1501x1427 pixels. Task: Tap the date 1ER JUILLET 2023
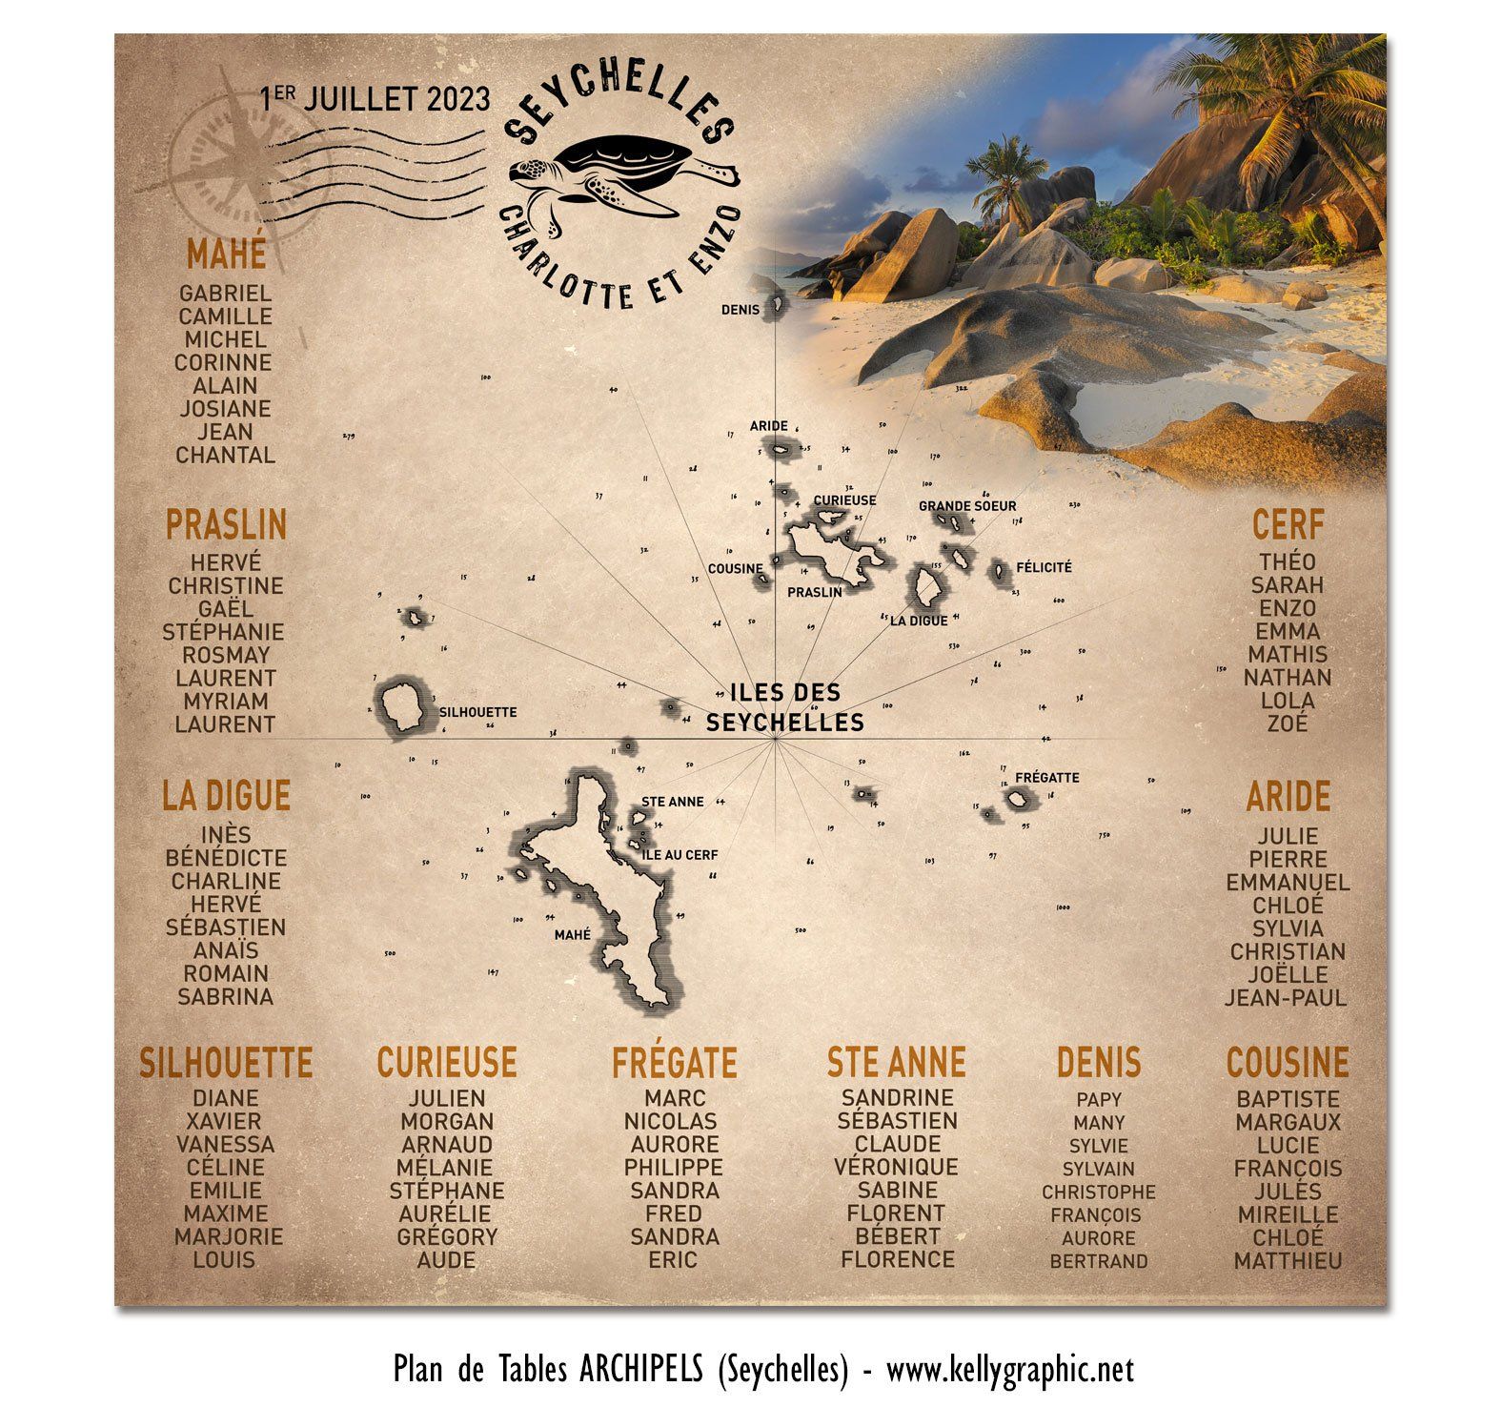pos(376,98)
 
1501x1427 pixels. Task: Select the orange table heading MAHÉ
pos(226,255)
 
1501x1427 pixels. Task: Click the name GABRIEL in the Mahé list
pos(225,294)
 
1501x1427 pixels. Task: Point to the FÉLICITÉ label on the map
pos(1044,567)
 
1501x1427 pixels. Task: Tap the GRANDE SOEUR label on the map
pos(967,506)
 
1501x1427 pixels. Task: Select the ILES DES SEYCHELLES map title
pos(784,707)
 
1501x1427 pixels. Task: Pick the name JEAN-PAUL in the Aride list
pos(1286,998)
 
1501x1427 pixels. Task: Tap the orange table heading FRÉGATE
pos(674,1062)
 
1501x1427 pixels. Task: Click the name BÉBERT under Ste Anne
pos(897,1236)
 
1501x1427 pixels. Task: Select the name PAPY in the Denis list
pos(1099,1099)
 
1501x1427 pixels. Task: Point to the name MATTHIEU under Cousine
pos(1288,1261)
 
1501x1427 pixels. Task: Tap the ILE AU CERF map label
pos(680,855)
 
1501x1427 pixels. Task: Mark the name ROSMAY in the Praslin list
pos(226,655)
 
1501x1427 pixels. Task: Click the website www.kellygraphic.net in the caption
pos(1010,1371)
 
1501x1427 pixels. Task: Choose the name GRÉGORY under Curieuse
pos(447,1237)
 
